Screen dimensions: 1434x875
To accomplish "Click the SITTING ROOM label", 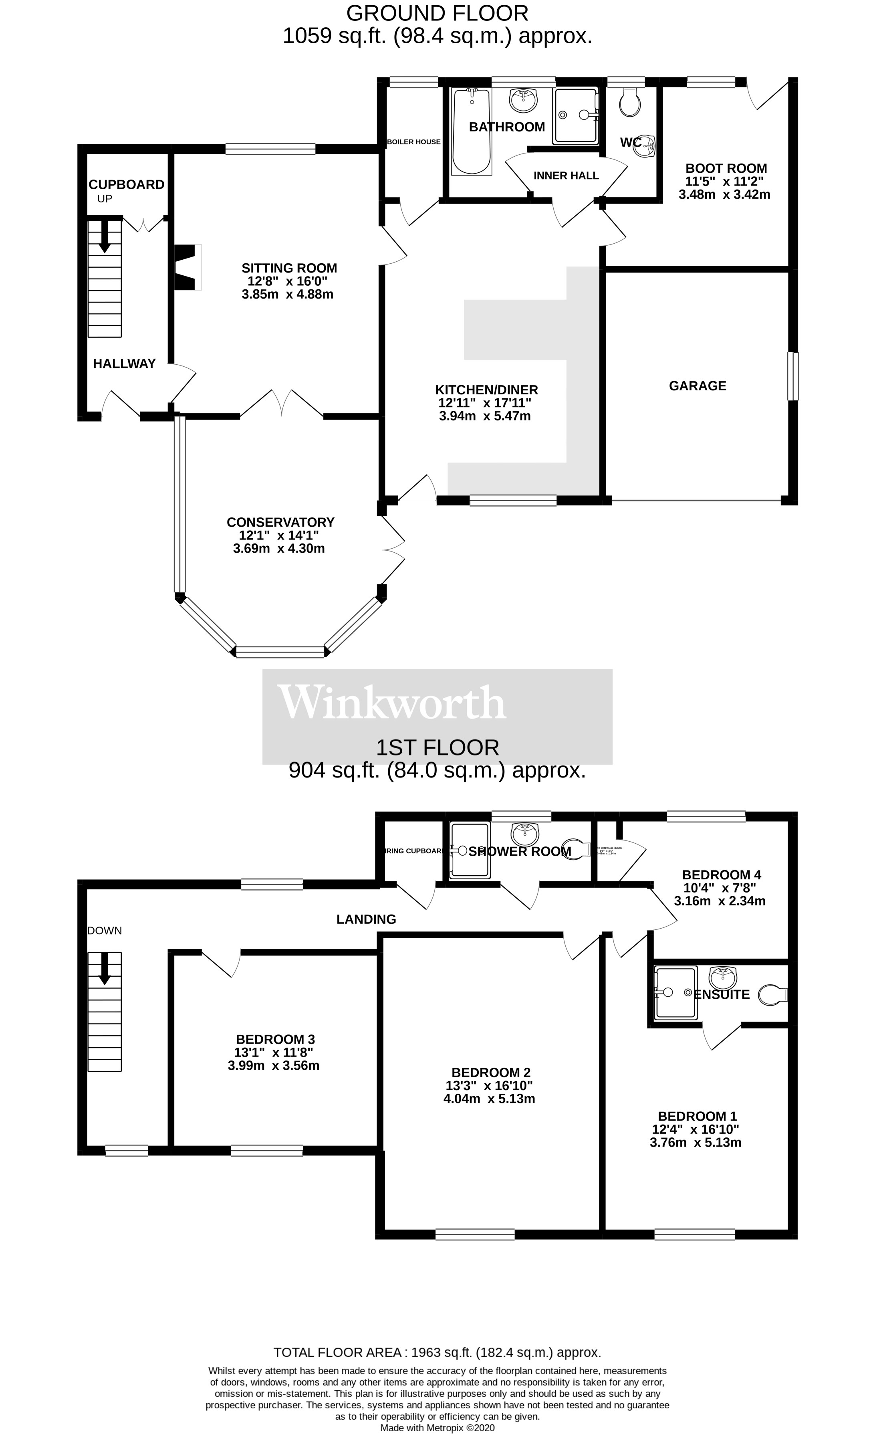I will [289, 268].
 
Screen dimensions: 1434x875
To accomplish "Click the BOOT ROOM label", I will [726, 169].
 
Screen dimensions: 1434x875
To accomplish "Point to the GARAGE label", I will [697, 386].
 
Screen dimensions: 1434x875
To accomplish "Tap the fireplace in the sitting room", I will [187, 267].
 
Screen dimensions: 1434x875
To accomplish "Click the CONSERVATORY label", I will [280, 522].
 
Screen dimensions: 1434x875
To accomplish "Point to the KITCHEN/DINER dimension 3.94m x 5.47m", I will [485, 416].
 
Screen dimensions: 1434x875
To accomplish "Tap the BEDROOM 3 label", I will [275, 1039].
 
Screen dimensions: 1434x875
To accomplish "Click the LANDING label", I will [366, 919].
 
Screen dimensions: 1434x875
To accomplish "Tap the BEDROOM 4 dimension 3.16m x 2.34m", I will [720, 901].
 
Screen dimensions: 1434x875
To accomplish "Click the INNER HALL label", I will [565, 176].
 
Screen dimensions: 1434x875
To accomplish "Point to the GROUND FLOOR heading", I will [437, 13].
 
